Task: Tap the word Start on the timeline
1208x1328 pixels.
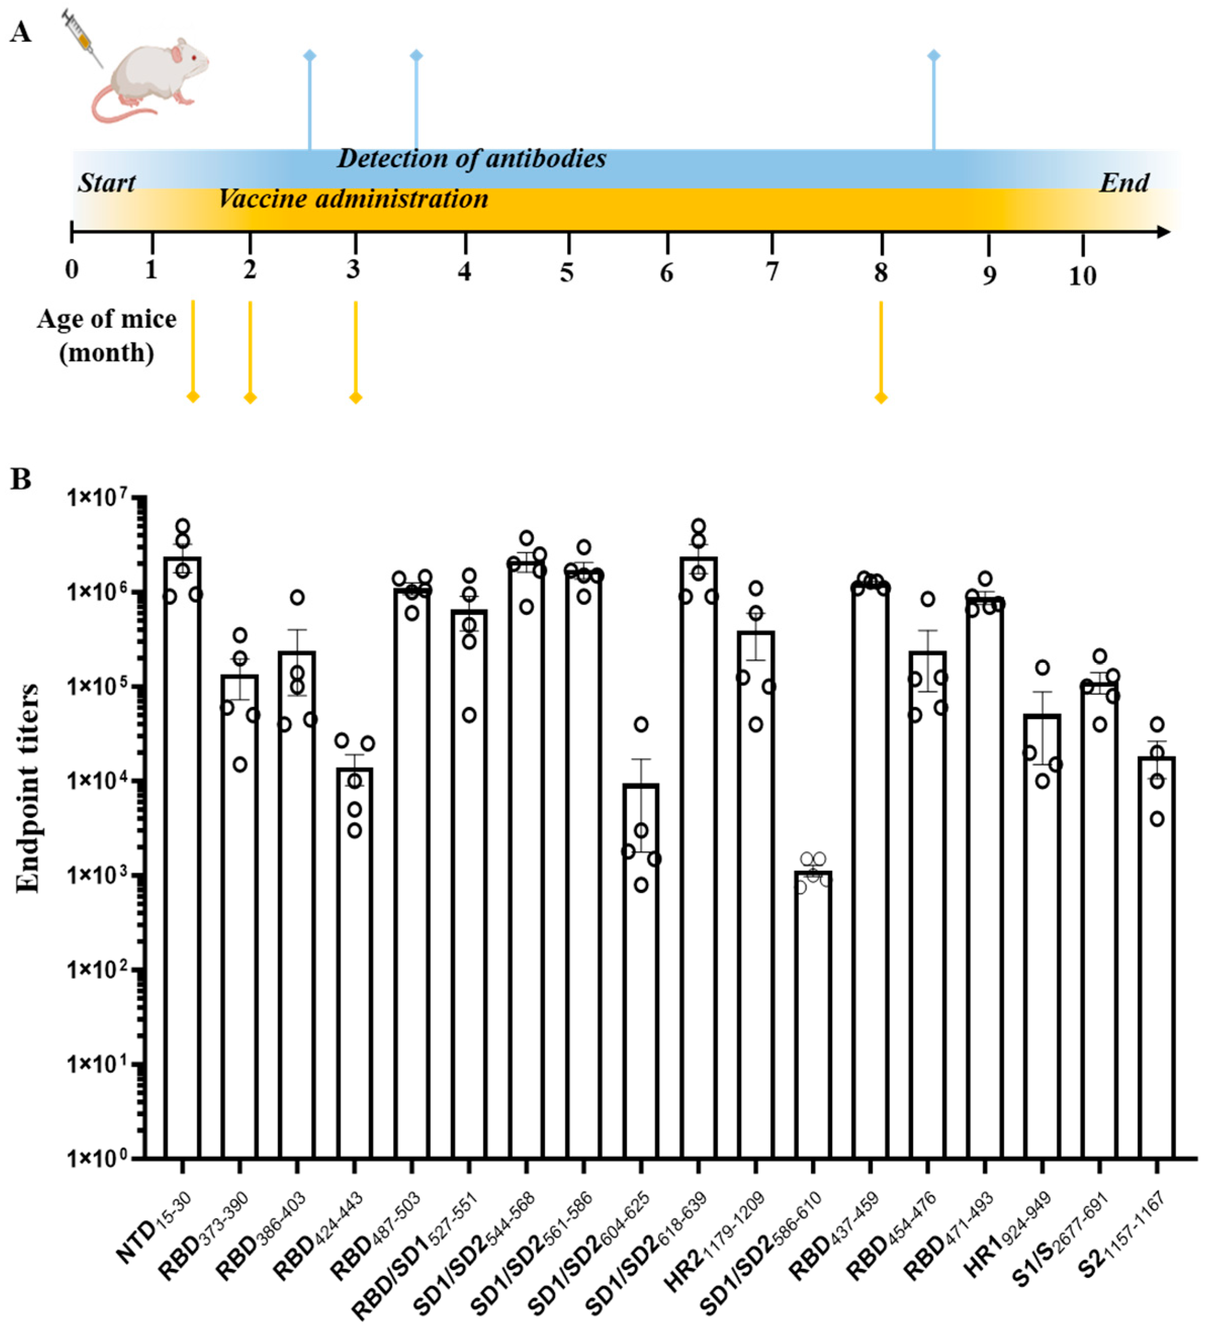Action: click(x=106, y=182)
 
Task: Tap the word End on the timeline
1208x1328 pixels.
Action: click(x=1124, y=182)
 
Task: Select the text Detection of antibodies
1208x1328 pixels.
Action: click(x=471, y=159)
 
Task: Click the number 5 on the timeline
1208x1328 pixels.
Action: click(x=567, y=272)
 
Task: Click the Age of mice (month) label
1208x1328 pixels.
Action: click(x=107, y=336)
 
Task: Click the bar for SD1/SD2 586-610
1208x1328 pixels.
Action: click(x=813, y=1015)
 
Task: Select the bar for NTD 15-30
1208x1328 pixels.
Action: click(x=183, y=857)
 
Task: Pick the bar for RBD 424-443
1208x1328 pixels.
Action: click(x=354, y=962)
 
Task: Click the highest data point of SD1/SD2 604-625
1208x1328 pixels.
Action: click(x=641, y=725)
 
